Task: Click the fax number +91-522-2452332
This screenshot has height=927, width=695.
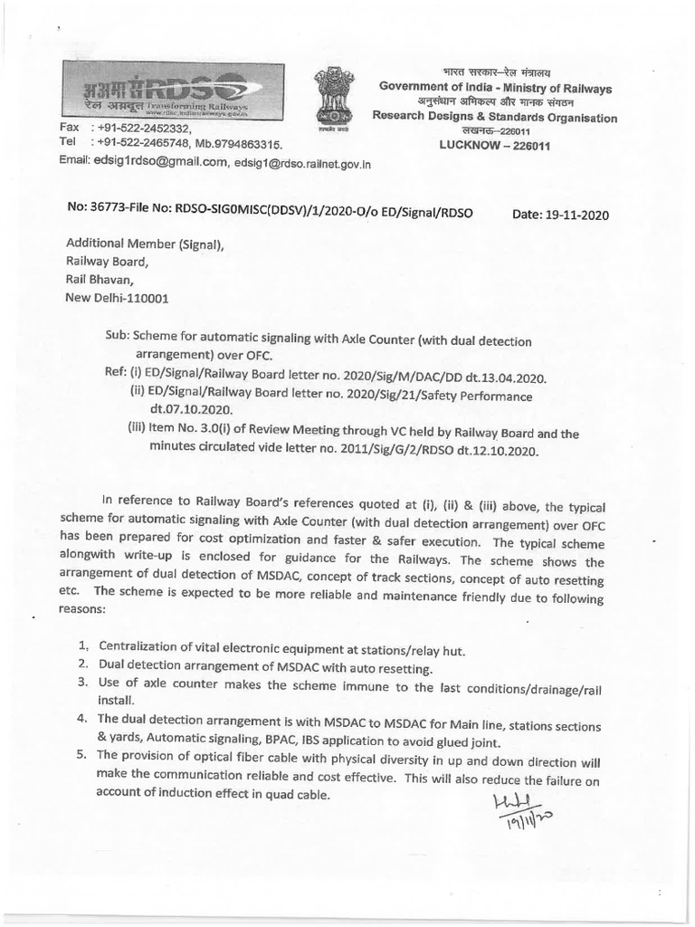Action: click(x=146, y=129)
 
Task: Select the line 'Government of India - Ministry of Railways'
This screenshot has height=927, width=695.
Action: click(x=495, y=88)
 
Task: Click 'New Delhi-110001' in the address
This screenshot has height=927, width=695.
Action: click(x=117, y=298)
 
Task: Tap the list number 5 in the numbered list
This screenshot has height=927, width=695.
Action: click(x=83, y=756)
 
